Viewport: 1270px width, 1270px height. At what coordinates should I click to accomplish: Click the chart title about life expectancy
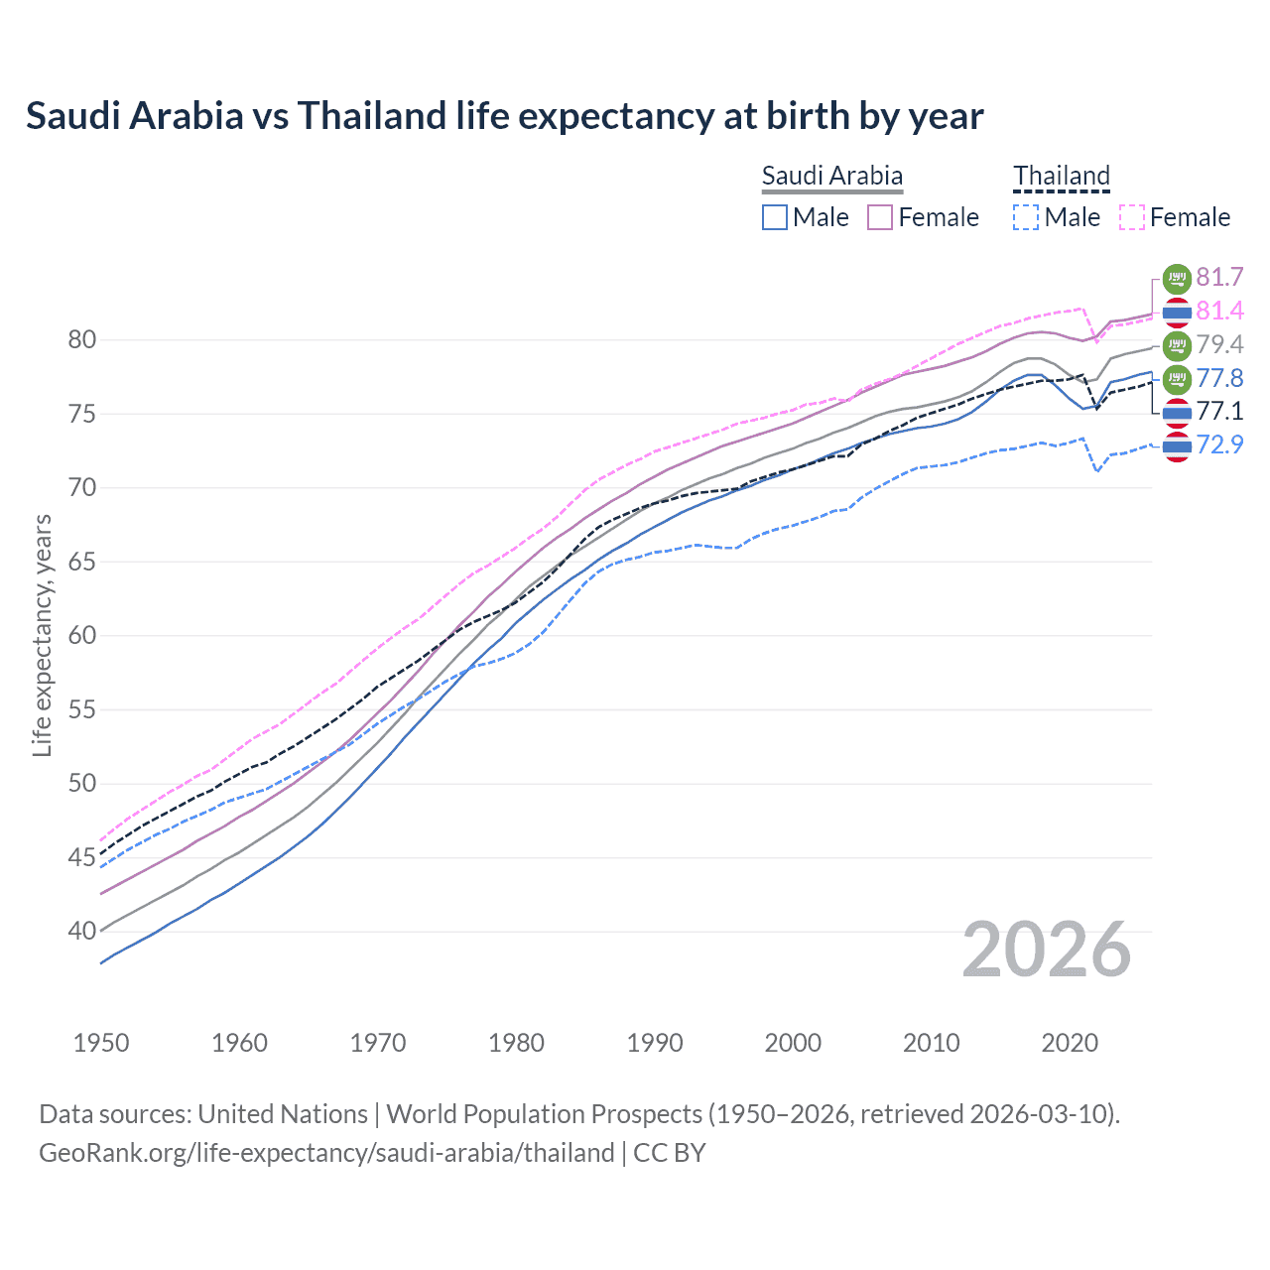coord(504,116)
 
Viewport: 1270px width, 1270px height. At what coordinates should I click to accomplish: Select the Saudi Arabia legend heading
coord(831,176)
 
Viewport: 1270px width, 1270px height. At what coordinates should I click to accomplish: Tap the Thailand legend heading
coord(1061,176)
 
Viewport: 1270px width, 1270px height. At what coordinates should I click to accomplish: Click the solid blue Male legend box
coord(775,217)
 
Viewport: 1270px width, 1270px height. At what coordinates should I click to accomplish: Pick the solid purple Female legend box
coord(880,217)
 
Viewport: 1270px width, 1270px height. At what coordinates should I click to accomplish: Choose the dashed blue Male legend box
coord(1026,217)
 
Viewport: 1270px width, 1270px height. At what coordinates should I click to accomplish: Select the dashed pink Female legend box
coord(1131,217)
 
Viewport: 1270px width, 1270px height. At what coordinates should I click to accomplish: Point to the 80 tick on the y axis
coord(82,340)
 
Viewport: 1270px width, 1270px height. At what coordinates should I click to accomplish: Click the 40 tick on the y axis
coord(82,932)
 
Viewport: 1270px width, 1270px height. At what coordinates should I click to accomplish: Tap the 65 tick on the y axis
coord(82,562)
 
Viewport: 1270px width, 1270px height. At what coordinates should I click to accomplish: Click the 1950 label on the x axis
coord(101,1043)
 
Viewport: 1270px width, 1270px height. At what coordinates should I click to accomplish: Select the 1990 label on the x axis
coord(655,1043)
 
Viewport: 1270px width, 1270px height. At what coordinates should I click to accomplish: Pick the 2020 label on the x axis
coord(1070,1043)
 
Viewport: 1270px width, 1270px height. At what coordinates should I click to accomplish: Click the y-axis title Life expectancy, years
coord(42,635)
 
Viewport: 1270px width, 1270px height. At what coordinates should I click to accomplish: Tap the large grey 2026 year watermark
coord(1046,950)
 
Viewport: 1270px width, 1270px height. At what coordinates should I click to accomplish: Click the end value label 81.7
coord(1219,277)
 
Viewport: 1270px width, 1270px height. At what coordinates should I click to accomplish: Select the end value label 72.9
coord(1219,444)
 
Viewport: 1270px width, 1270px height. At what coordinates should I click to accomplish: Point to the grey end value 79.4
coord(1219,344)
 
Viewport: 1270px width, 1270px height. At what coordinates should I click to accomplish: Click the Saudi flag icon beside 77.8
coord(1177,378)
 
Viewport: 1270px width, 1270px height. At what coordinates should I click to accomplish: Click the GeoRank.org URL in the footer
coord(326,1153)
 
